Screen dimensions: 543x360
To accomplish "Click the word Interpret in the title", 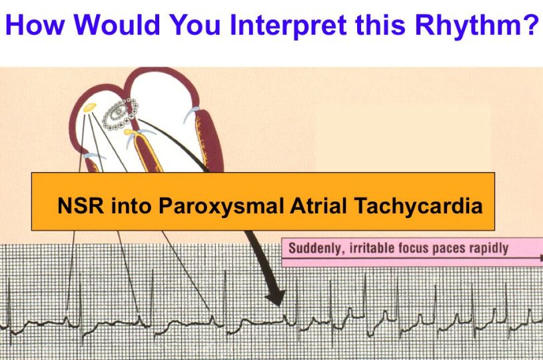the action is click(288, 25).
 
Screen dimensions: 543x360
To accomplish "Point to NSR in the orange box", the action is click(81, 205).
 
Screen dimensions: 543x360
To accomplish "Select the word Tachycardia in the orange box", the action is click(418, 206).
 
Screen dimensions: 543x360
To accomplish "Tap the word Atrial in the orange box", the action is click(318, 205).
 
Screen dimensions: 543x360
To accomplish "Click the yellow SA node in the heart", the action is click(90, 107).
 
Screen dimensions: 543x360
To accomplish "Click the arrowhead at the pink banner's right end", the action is click(541, 258).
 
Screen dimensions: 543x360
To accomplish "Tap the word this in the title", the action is click(380, 25).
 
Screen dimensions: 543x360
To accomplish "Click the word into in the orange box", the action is click(131, 205).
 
